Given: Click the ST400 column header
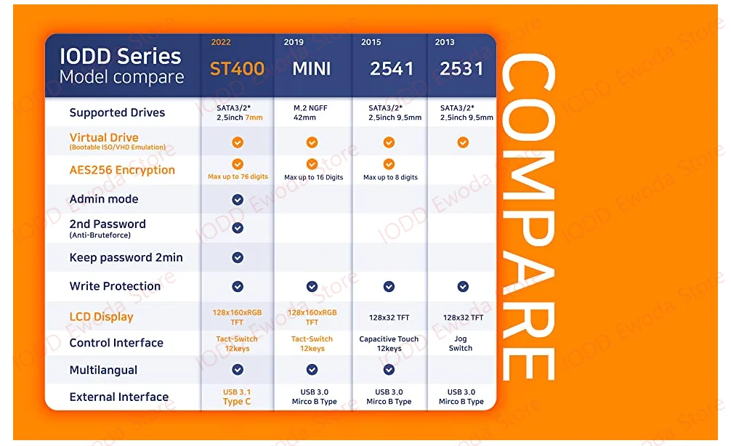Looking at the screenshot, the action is [237, 69].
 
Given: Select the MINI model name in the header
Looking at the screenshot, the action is [312, 69].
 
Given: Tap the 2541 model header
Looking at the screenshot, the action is [392, 69].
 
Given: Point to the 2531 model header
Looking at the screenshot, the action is [461, 69].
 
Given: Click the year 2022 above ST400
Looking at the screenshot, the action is [221, 42].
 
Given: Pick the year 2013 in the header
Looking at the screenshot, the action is [445, 42].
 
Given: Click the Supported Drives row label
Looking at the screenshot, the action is [117, 113].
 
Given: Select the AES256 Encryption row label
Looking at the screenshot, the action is [122, 170].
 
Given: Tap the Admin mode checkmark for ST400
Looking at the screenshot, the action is [238, 200].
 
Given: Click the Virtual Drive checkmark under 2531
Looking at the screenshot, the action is [463, 142].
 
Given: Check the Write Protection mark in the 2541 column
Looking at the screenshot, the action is [389, 287].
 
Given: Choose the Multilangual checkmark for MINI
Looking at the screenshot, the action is [312, 370].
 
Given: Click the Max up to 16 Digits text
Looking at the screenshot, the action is [314, 177].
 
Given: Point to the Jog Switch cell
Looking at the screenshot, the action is [461, 344].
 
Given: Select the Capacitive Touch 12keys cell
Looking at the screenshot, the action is [389, 344].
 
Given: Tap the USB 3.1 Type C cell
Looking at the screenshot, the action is [237, 397].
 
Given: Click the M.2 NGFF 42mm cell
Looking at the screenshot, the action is [310, 113].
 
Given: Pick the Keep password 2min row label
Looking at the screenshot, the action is [126, 258].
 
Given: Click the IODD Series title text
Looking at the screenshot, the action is [121, 57].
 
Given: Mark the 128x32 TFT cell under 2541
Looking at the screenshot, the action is [389, 318].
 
